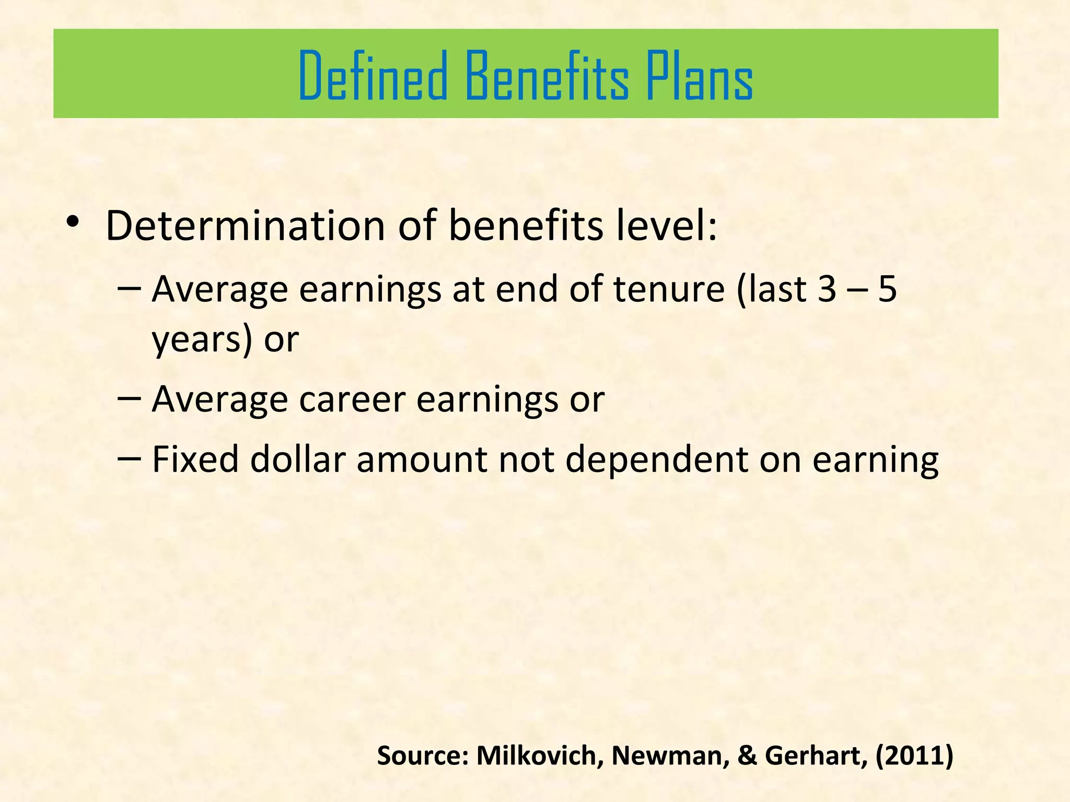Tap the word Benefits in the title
point(546,76)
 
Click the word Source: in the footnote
point(423,756)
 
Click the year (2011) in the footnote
point(914,756)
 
